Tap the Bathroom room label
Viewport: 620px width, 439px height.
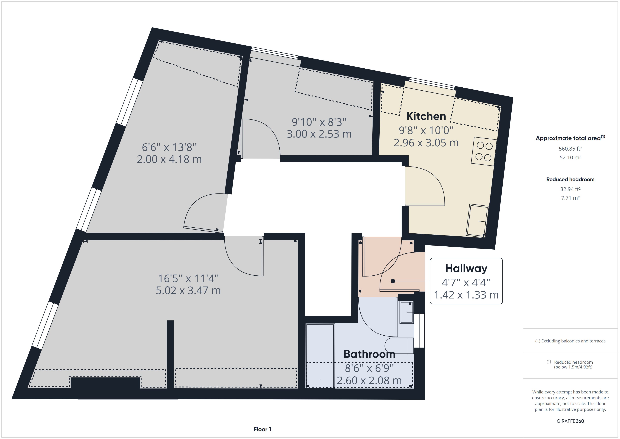pyautogui.click(x=369, y=354)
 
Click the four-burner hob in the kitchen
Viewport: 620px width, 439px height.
pyautogui.click(x=484, y=152)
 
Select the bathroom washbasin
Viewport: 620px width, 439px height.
pyautogui.click(x=407, y=312)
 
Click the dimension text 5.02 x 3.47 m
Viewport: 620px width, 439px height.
pyautogui.click(x=188, y=291)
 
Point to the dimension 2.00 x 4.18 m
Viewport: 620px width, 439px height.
pyautogui.click(x=169, y=159)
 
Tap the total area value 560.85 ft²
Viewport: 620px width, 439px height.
pyautogui.click(x=570, y=149)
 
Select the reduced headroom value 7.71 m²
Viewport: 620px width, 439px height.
pyautogui.click(x=570, y=198)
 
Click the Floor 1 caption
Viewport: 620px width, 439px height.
pyautogui.click(x=262, y=429)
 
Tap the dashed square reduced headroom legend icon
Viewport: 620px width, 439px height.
pyautogui.click(x=549, y=362)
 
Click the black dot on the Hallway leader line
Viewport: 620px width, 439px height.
pyautogui.click(x=393, y=281)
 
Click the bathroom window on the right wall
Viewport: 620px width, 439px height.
pyautogui.click(x=419, y=330)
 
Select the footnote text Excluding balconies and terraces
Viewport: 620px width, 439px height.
pyautogui.click(x=570, y=341)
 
